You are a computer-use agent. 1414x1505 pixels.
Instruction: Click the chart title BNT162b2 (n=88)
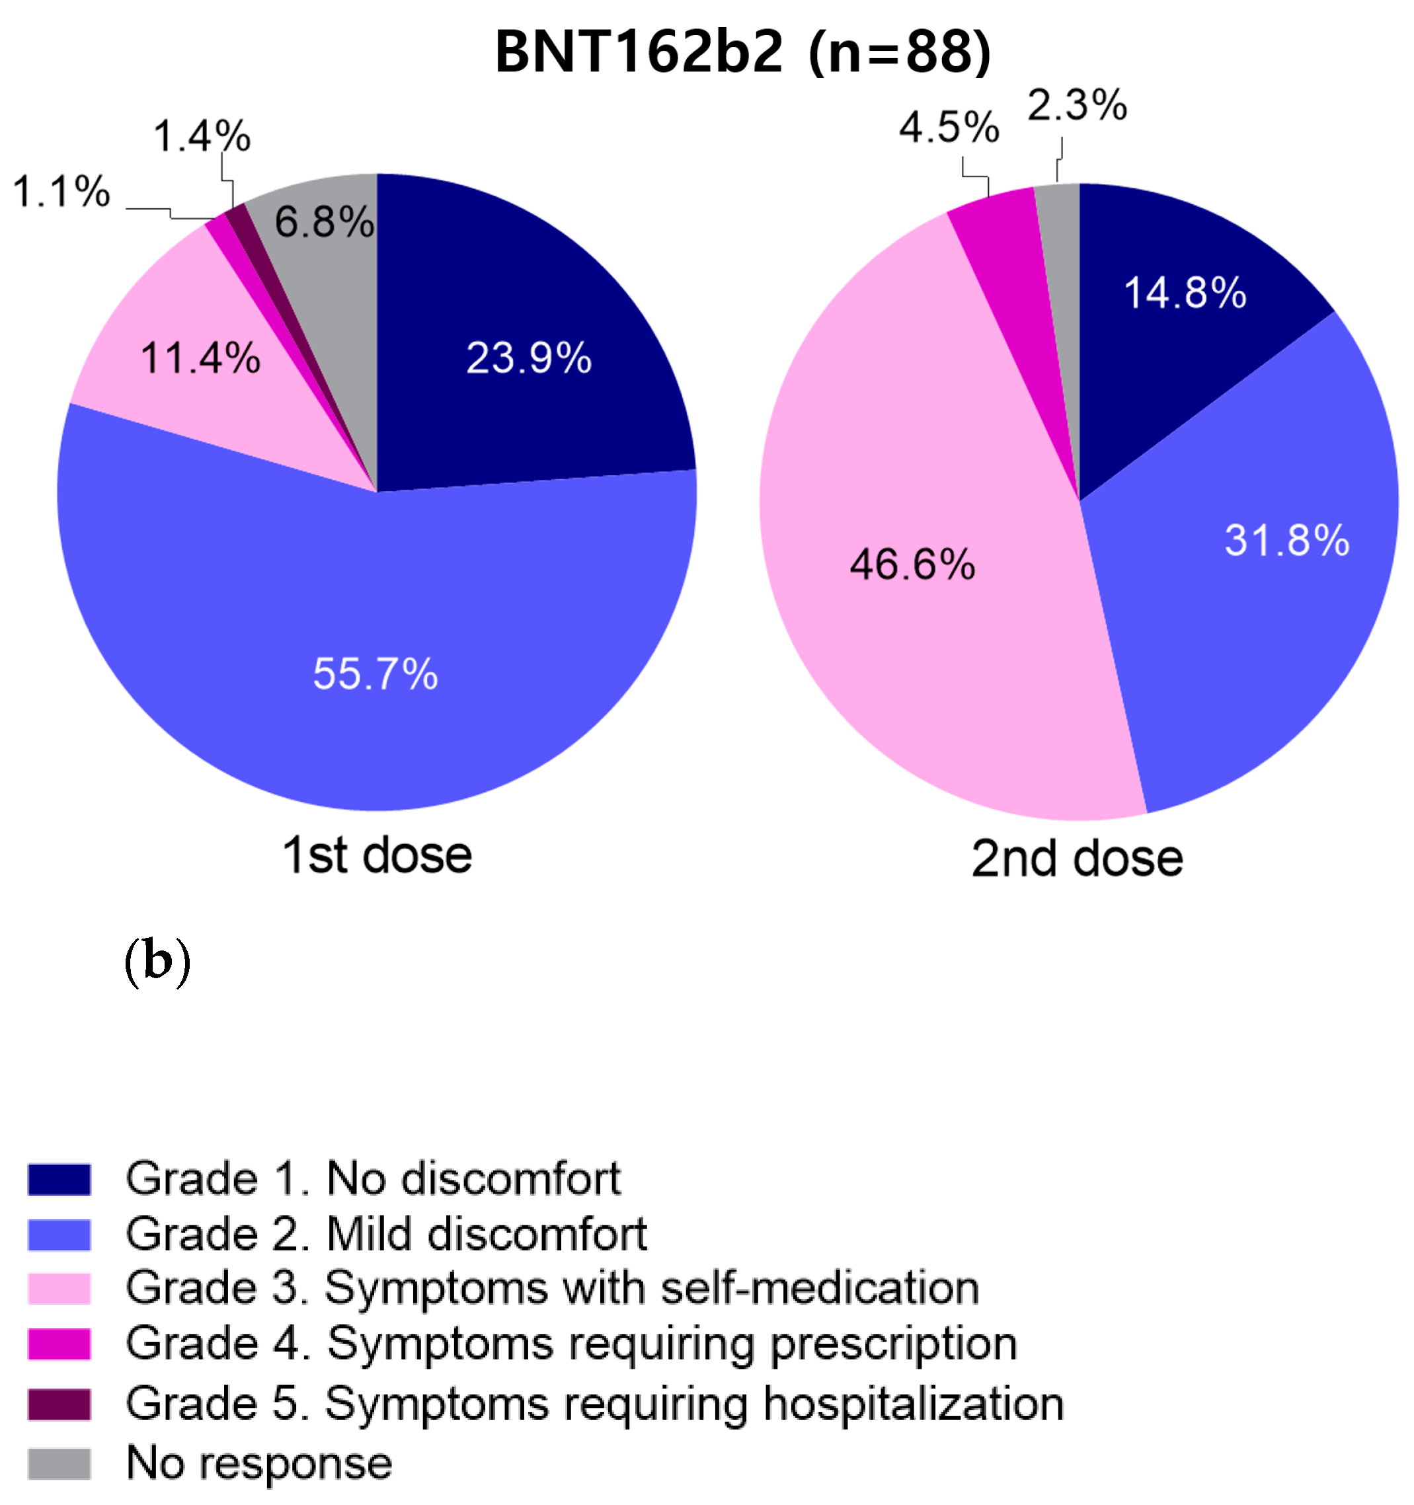742,53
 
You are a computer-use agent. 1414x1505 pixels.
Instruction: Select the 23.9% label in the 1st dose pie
528,358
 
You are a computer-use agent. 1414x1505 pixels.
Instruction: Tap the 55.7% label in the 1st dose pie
375,673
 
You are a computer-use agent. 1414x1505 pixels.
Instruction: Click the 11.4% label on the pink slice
200,358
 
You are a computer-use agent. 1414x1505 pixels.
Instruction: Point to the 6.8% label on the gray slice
324,222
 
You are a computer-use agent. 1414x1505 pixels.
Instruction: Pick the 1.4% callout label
202,137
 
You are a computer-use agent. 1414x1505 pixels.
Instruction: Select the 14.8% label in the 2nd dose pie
1185,292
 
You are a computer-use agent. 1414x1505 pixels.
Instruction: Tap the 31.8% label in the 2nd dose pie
1287,541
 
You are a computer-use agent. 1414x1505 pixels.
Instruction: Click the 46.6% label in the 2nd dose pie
912,564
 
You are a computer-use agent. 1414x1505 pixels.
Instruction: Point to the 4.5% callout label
949,127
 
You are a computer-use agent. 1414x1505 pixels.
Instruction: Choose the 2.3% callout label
1076,105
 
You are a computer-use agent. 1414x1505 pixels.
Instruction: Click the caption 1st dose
377,855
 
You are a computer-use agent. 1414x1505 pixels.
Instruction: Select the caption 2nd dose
1076,859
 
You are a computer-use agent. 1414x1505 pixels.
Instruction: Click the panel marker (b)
157,962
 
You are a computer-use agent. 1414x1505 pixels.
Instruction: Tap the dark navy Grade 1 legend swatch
59,1179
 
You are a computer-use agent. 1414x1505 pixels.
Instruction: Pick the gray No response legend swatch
59,1463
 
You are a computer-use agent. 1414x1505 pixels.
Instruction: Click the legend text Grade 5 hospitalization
594,1404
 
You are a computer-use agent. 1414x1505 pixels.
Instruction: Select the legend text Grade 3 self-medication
553,1288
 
